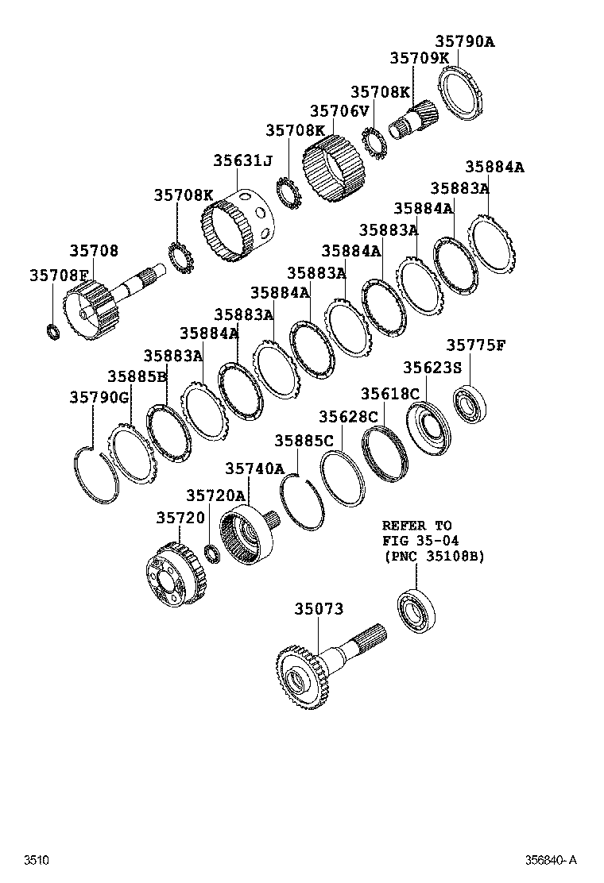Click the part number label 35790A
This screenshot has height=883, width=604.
coord(464,41)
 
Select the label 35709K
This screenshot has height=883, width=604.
coord(419,58)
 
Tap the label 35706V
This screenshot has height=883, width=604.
coord(339,111)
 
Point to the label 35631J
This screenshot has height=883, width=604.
coord(242,160)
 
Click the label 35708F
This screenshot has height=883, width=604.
coord(58,275)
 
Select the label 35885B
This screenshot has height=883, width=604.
coord(137,376)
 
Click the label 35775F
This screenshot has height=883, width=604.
coord(475,345)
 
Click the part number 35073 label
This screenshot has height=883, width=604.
coord(319,609)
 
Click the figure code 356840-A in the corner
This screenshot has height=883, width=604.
coord(549,860)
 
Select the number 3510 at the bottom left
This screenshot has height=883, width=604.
coord(37,860)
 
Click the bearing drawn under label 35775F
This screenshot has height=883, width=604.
coord(470,403)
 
